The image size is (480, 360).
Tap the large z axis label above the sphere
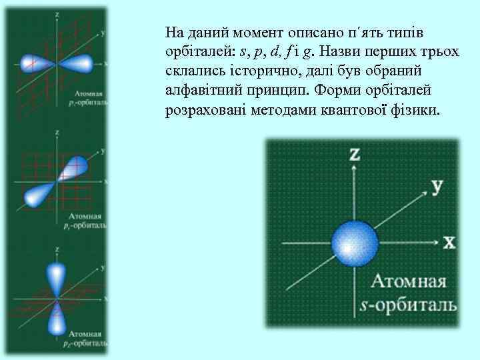[355, 155]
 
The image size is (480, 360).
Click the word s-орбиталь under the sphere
[408, 305]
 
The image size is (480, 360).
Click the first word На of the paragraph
[173, 33]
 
